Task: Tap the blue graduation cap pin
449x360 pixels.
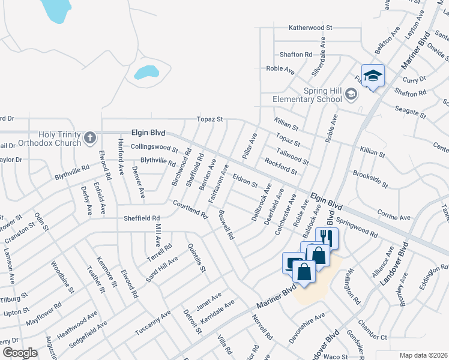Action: point(373,76)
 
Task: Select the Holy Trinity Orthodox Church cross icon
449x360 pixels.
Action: point(90,139)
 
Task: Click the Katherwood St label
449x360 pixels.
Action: point(310,28)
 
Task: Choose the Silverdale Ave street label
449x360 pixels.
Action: point(322,57)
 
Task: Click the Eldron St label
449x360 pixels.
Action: point(245,179)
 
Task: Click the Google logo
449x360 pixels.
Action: point(20,353)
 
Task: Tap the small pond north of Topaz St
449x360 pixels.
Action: point(145,73)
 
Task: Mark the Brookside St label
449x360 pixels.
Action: point(370,178)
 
